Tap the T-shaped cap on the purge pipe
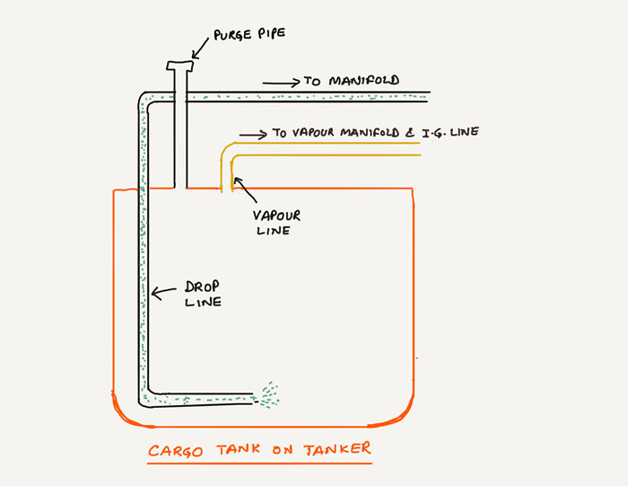point(180,66)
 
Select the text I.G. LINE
point(449,132)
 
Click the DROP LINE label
point(201,295)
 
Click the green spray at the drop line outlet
point(268,394)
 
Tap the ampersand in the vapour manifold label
point(409,133)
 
